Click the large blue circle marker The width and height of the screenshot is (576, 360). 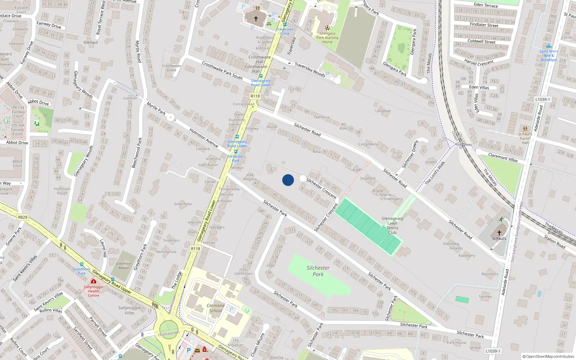pyautogui.click(x=288, y=180)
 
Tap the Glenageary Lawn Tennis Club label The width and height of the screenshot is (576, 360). pyautogui.click(x=392, y=225)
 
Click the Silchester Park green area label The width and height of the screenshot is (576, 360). pyautogui.click(x=318, y=271)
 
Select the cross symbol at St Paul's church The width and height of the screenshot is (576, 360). pyautogui.click(x=499, y=233)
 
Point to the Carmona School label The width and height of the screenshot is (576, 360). pyautogui.click(x=215, y=308)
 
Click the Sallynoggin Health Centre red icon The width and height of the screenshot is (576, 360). pyautogui.click(x=94, y=281)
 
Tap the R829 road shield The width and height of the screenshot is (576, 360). pyautogui.click(x=22, y=217)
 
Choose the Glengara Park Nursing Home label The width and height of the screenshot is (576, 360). pyautogui.click(x=327, y=37)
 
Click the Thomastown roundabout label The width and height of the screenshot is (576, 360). pyautogui.click(x=168, y=334)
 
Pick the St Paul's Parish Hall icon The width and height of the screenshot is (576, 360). pyautogui.click(x=525, y=129)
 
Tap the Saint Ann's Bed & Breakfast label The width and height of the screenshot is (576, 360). pyautogui.click(x=549, y=55)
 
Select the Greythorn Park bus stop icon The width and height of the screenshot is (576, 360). pyautogui.click(x=82, y=264)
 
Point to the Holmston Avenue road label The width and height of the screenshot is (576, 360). pyautogui.click(x=204, y=138)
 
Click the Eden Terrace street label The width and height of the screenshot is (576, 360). pyautogui.click(x=486, y=5)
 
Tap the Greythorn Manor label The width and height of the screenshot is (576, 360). pyautogui.click(x=123, y=266)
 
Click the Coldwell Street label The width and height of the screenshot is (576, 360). pyautogui.click(x=481, y=41)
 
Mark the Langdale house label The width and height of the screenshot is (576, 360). pyautogui.click(x=383, y=111)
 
